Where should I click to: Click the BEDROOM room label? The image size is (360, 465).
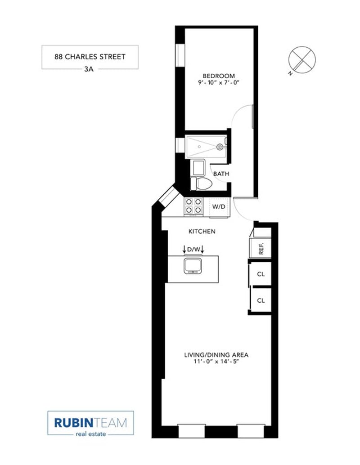pyautogui.click(x=218, y=76)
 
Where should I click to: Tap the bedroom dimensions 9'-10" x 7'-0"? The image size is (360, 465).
pyautogui.click(x=218, y=82)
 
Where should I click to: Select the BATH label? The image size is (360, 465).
pyautogui.click(x=221, y=174)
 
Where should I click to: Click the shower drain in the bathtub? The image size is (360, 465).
pyautogui.click(x=199, y=147)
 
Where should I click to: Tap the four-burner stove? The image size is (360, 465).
pyautogui.click(x=193, y=206)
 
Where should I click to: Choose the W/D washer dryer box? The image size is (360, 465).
pyautogui.click(x=219, y=207)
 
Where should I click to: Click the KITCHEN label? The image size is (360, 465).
pyautogui.click(x=202, y=231)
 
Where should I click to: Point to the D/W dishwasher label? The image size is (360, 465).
pyautogui.click(x=193, y=250)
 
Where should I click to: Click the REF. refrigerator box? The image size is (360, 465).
pyautogui.click(x=261, y=248)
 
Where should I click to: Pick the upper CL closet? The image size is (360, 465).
pyautogui.click(x=261, y=274)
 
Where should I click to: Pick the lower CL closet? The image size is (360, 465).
pyautogui.click(x=261, y=300)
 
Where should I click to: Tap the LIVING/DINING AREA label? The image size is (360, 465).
pyautogui.click(x=216, y=355)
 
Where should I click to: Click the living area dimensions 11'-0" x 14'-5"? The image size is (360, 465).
pyautogui.click(x=216, y=362)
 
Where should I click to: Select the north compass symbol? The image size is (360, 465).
pyautogui.click(x=302, y=60)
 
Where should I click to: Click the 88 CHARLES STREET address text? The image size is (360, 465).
pyautogui.click(x=90, y=57)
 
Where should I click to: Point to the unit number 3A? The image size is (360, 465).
pyautogui.click(x=89, y=69)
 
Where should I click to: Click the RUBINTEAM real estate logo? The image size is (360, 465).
pyautogui.click(x=90, y=423)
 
